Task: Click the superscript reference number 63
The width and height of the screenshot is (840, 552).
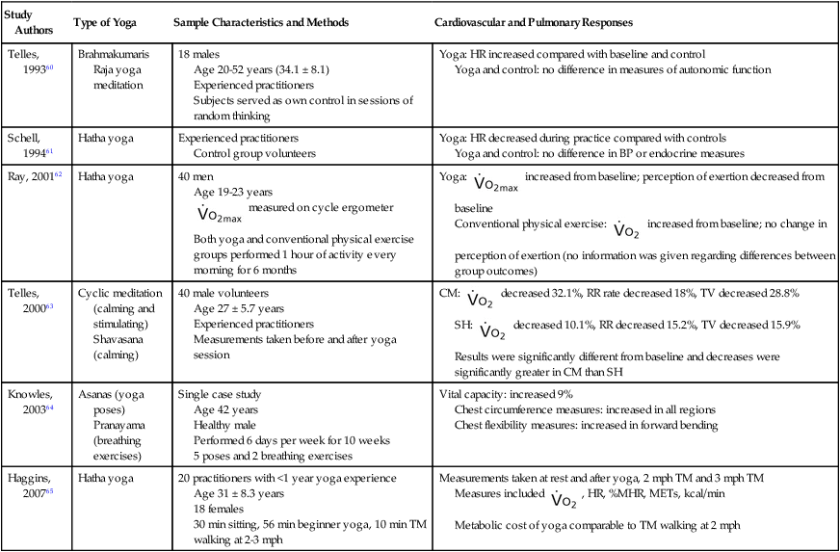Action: tap(52, 306)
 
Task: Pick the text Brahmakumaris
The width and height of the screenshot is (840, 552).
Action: tap(115, 55)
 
